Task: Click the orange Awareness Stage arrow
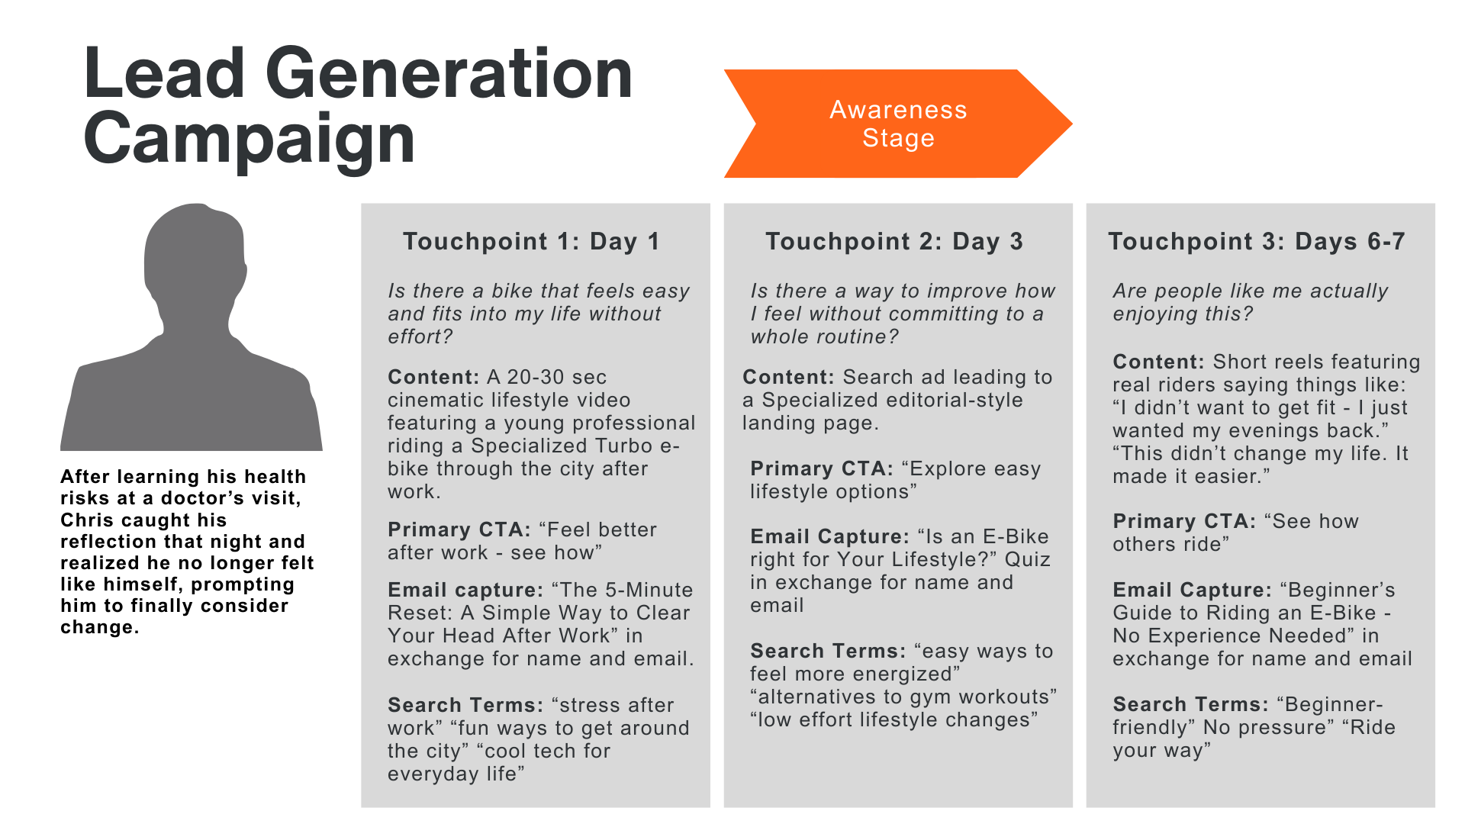897,124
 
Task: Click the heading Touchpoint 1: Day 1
531,242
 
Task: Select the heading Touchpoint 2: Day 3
893,242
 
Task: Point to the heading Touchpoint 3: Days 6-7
1256,242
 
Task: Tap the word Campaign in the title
249,139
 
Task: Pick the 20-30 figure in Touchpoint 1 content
534,378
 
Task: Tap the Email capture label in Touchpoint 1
465,591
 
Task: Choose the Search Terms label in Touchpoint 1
465,706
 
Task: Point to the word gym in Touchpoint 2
930,697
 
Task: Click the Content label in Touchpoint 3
1158,362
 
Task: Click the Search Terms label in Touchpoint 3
1190,705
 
